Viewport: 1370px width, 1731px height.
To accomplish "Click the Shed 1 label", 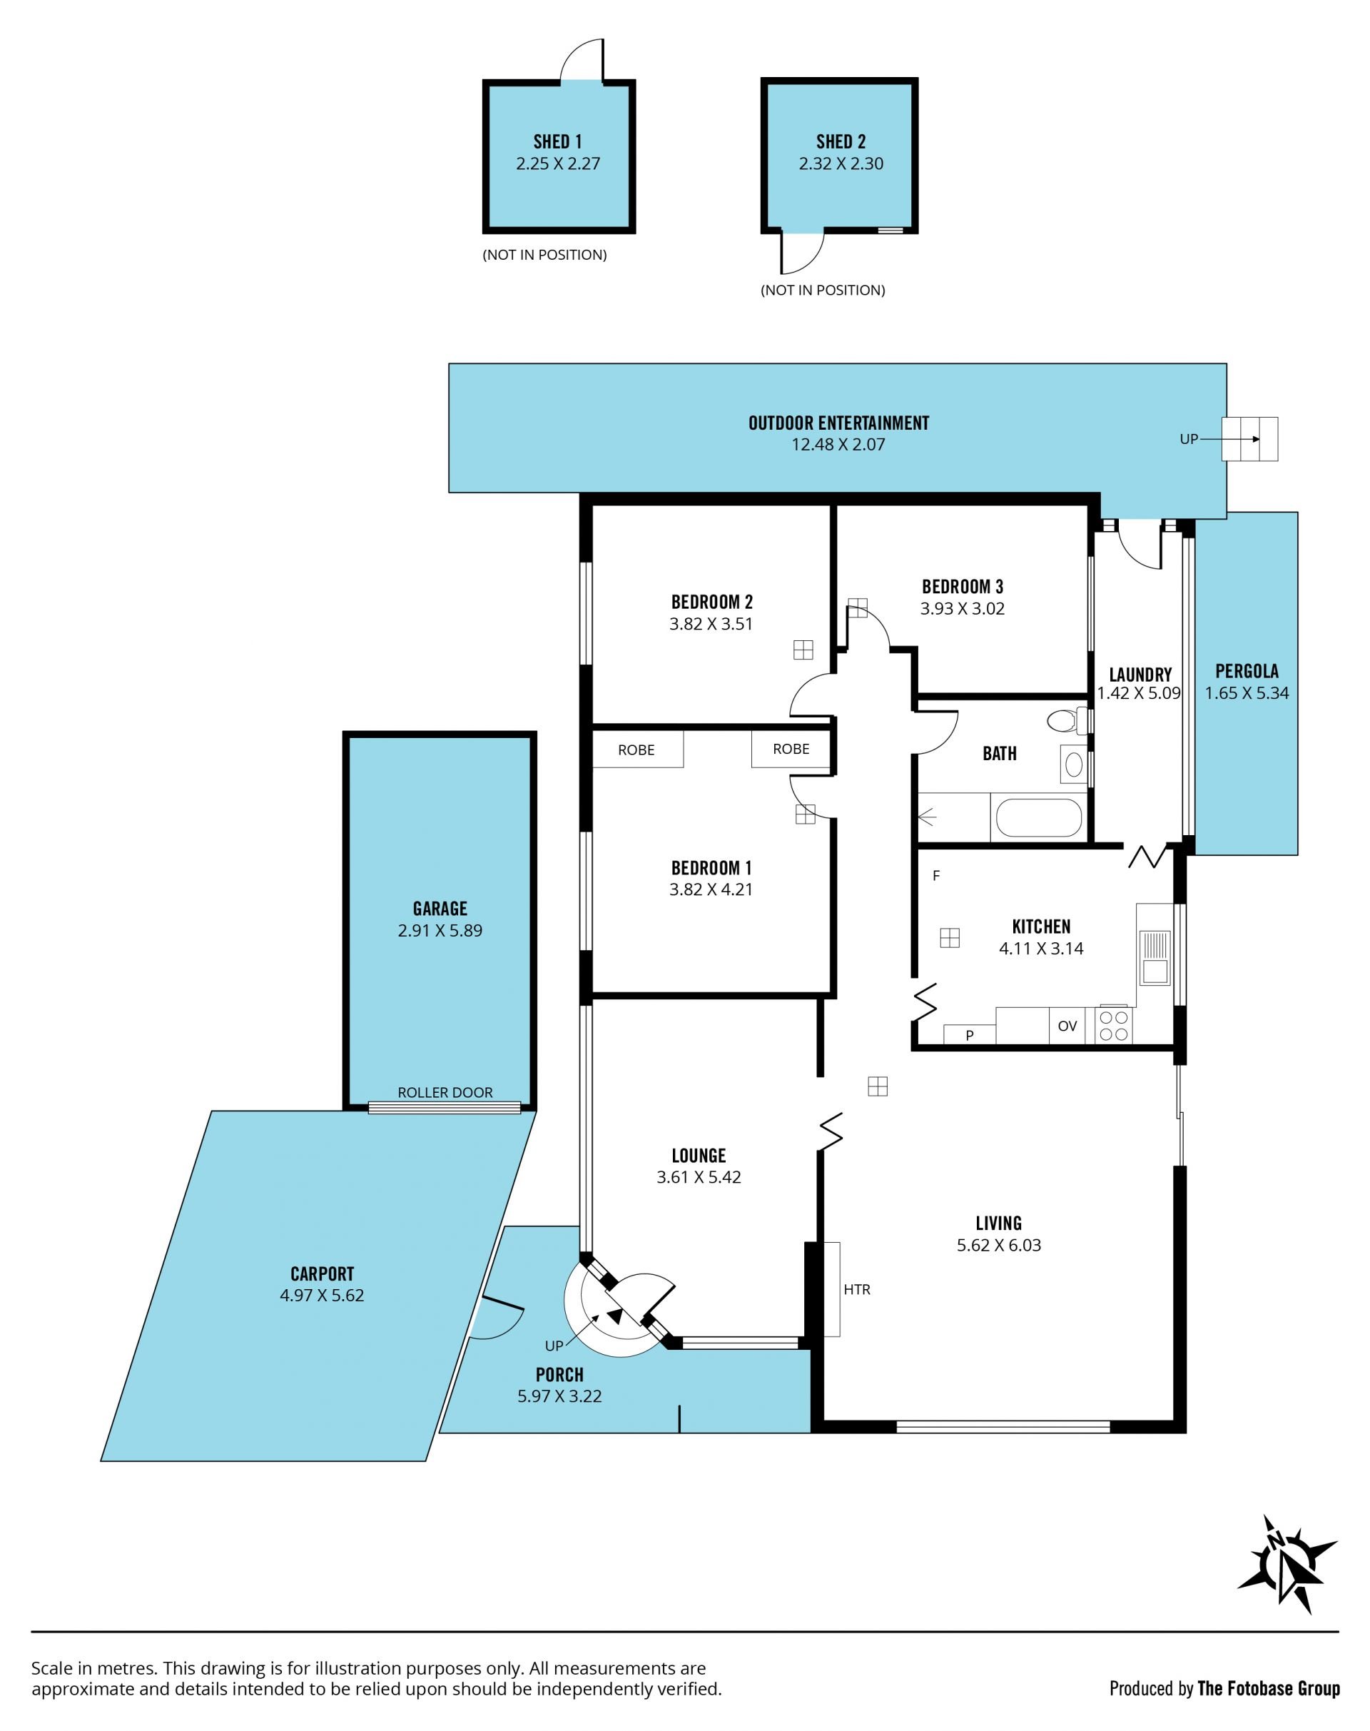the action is pos(557,142).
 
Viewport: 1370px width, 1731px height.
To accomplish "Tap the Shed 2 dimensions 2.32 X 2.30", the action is pos(841,163).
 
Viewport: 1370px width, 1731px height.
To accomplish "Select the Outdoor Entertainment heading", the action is pos(838,423).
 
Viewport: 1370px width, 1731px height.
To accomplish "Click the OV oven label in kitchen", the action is pos(1067,1026).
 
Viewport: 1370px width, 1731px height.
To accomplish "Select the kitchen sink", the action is pos(1155,957).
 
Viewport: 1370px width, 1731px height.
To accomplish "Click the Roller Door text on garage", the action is pos(445,1092).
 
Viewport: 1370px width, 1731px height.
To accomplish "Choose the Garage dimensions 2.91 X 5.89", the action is pos(440,931).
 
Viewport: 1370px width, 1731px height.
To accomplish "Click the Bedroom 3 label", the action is pos(962,587).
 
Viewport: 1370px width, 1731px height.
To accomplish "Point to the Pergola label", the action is pos(1247,671).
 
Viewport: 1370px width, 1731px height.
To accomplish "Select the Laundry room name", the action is pos(1140,675).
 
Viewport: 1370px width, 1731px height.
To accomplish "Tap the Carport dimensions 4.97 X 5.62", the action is pos(322,1296).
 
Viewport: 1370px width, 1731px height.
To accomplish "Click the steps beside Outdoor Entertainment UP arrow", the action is pos(1249,439).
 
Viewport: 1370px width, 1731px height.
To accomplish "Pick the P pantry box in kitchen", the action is pos(969,1034).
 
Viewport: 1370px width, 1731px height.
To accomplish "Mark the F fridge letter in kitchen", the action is pos(936,876).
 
